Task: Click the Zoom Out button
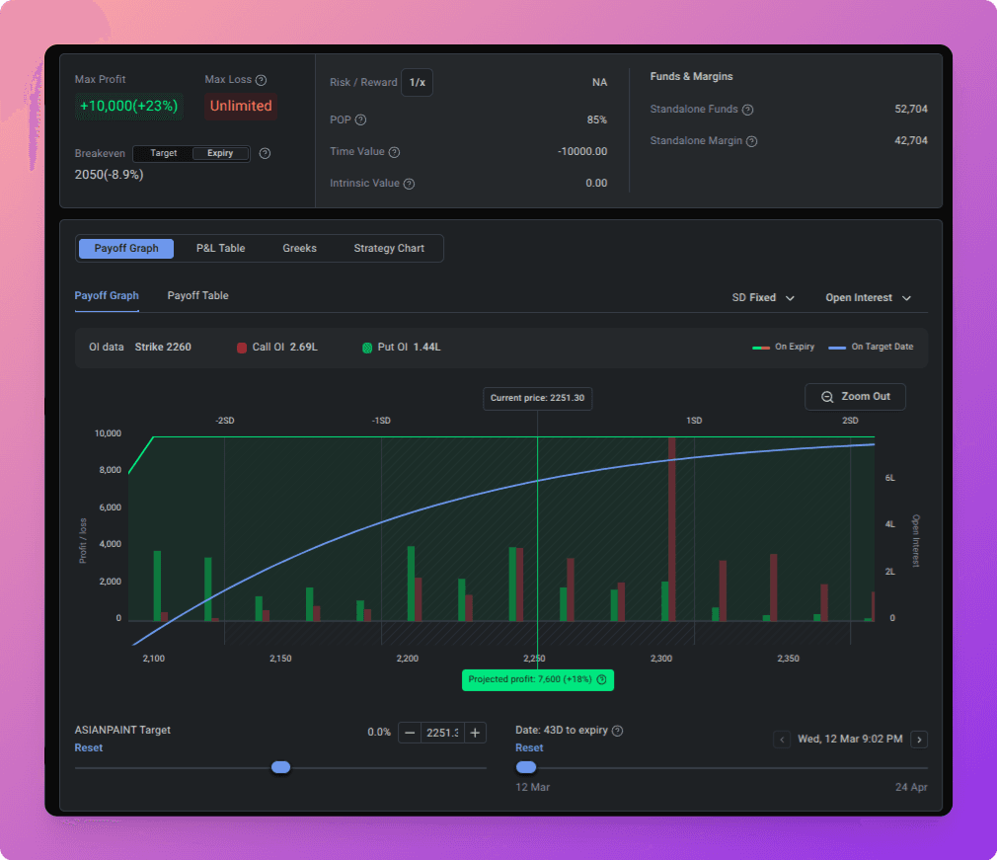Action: (855, 397)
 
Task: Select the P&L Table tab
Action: (221, 248)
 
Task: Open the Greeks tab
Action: (299, 248)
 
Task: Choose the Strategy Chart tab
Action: (389, 248)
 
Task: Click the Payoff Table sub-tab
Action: (197, 296)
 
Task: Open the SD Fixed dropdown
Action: (763, 298)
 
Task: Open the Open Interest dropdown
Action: (869, 298)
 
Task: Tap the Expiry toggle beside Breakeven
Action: (220, 153)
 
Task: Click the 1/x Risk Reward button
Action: (418, 83)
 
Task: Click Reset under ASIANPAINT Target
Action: (89, 748)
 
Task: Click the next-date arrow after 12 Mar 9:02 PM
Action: (919, 740)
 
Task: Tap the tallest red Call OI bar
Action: (672, 528)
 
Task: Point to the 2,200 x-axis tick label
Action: (408, 659)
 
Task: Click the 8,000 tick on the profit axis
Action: (110, 470)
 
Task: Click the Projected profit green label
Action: (538, 680)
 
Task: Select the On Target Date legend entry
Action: (871, 347)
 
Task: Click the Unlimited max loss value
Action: (241, 107)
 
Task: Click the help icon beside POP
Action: (360, 120)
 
